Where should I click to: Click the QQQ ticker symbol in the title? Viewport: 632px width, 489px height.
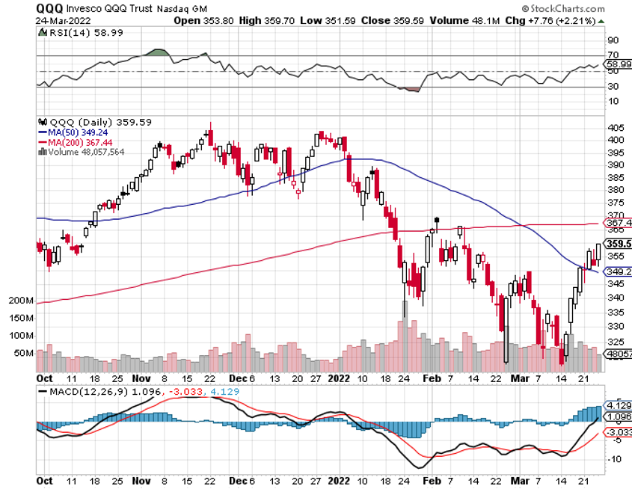point(50,7)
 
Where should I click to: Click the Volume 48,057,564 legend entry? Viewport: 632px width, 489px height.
point(83,152)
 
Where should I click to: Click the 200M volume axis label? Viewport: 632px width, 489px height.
point(22,301)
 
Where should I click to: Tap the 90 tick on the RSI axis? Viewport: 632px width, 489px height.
point(611,40)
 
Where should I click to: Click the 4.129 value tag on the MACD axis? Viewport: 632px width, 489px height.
point(617,405)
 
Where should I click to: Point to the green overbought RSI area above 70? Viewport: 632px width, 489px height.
point(156,52)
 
